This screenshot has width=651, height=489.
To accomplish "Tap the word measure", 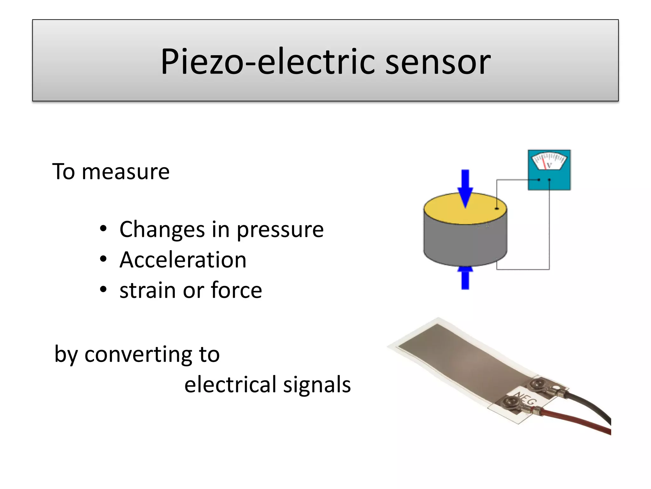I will point(126,172).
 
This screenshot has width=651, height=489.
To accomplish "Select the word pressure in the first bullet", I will point(280,230).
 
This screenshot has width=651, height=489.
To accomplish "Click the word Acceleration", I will point(183,260).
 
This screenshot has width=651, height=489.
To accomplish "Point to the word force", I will point(236,290).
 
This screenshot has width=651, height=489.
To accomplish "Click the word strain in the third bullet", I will point(148,290).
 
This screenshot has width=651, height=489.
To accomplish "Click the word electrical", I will point(230,385).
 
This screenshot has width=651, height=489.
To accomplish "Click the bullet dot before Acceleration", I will point(103,259).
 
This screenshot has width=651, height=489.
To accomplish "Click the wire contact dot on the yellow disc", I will point(497,209).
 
